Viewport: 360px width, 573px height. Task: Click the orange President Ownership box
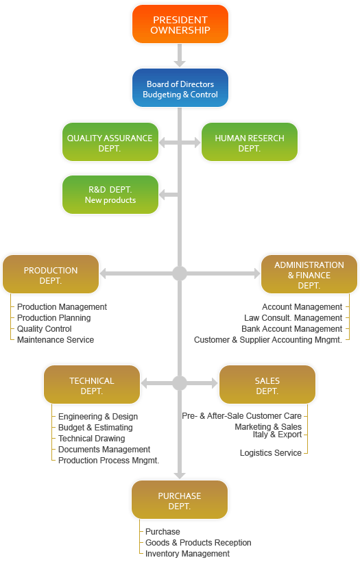[180, 24]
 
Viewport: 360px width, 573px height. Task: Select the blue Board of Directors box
[180, 88]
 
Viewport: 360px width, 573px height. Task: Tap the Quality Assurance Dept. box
[110, 142]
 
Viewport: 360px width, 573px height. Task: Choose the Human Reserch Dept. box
[250, 142]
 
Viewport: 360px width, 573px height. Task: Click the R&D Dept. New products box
[110, 195]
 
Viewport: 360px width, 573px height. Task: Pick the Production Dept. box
[51, 274]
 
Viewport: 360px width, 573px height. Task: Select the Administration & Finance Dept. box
[309, 274]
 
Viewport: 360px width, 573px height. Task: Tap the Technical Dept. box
[92, 385]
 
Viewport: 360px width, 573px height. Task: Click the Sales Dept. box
[267, 385]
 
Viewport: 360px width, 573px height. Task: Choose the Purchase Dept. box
[180, 500]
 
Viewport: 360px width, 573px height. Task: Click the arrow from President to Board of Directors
[180, 56]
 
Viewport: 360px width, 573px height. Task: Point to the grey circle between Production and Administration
[180, 273]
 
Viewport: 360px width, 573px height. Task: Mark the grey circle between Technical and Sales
[180, 383]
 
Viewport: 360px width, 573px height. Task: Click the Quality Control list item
[44, 329]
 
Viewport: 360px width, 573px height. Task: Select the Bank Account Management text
[291, 329]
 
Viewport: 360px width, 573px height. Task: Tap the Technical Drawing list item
[91, 439]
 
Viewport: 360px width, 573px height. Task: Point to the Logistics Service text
[270, 453]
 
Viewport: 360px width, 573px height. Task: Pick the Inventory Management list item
[187, 554]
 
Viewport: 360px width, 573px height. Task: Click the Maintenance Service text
[56, 340]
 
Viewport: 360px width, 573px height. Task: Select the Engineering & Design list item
[98, 417]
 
